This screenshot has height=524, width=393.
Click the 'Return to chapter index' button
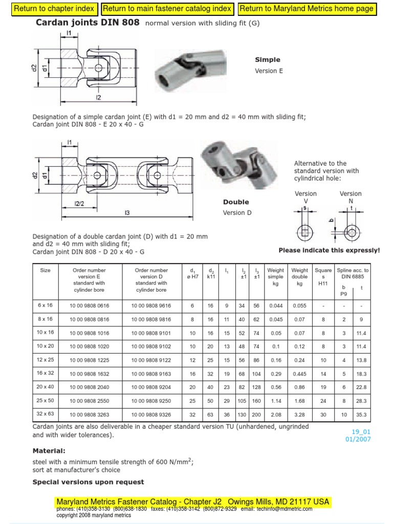point(54,9)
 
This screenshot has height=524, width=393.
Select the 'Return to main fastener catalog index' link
point(167,9)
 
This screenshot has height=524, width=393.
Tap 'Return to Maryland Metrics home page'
point(307,9)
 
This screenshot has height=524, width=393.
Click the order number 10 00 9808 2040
point(90,387)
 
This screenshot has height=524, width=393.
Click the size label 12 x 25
point(46,360)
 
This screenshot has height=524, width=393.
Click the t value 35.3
point(361,414)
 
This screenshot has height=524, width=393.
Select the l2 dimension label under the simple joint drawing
point(98,97)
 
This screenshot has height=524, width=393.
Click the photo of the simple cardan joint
point(191,70)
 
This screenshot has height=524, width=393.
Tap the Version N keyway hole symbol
point(351,231)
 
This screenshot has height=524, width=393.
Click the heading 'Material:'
point(49,451)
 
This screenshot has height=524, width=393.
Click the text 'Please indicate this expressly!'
point(329,250)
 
